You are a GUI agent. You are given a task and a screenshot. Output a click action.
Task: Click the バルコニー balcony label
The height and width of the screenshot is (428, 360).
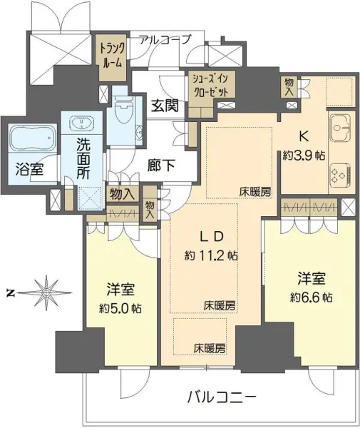(220, 397)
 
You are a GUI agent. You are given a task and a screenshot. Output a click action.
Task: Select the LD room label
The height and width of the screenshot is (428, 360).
(212, 236)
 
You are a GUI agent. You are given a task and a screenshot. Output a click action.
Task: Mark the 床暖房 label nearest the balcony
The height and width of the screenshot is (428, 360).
(210, 348)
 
